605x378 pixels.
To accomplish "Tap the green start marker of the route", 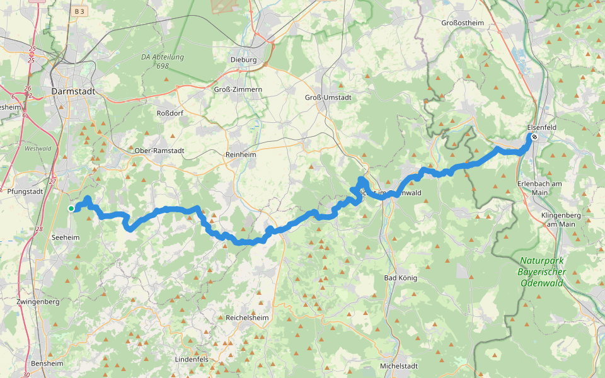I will (71, 208).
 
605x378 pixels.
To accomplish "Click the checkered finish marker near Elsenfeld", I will (534, 137).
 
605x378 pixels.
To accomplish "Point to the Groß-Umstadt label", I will (328, 98).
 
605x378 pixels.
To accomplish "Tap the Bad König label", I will (401, 278).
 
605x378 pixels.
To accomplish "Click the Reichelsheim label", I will (247, 318).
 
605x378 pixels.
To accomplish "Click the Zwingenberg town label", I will (39, 302).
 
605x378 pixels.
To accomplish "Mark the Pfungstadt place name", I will (25, 191).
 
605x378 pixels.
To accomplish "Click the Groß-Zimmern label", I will (239, 90).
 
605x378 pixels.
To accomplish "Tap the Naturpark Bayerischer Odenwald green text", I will (543, 272).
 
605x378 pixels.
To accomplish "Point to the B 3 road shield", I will (79, 11).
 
